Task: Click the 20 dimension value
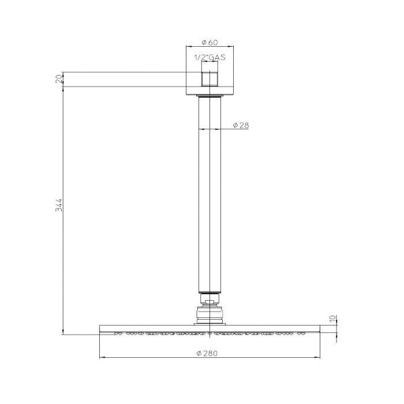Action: pyautogui.click(x=58, y=79)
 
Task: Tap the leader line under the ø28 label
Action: pyautogui.click(x=231, y=129)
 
